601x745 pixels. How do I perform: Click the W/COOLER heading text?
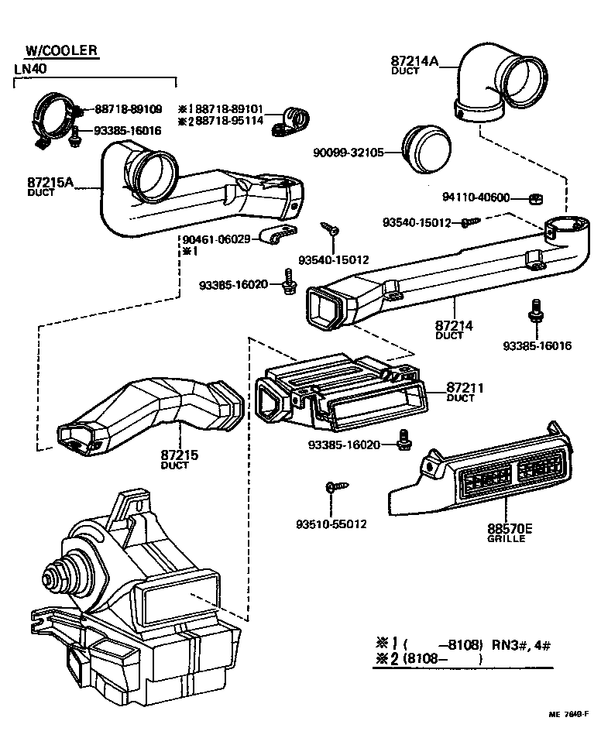tap(61, 51)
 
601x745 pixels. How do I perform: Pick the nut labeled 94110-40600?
tap(534, 198)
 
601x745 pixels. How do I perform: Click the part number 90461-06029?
tap(216, 239)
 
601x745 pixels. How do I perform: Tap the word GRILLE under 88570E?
tap(506, 539)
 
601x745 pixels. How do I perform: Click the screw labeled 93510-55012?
tap(330, 488)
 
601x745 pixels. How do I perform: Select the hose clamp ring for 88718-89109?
tap(54, 118)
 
